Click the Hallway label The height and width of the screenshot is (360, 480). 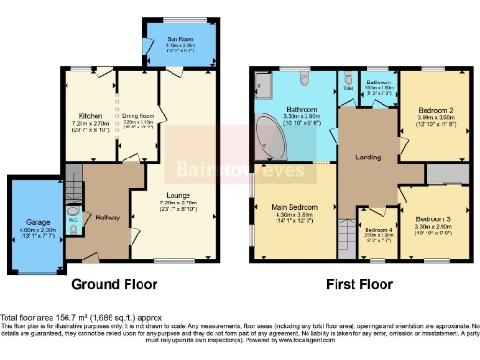point(110,217)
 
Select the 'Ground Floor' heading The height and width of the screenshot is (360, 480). point(114,284)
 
